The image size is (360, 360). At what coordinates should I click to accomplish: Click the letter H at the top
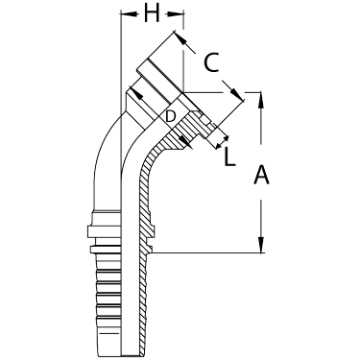pyautogui.click(x=151, y=14)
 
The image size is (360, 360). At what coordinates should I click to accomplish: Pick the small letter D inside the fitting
pyautogui.click(x=170, y=116)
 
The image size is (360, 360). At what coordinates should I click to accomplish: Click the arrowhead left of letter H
pyautogui.click(x=123, y=14)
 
